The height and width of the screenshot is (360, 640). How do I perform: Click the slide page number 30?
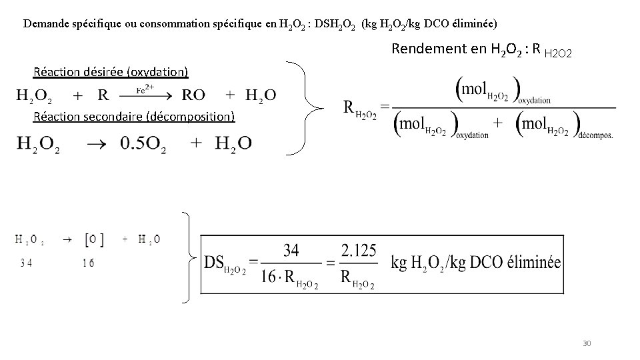[x=587, y=343]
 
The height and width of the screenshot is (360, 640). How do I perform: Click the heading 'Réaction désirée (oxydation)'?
[x=111, y=72]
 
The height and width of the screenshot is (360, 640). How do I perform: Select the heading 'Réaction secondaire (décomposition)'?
[x=134, y=117]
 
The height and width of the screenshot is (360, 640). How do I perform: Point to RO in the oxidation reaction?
[x=193, y=95]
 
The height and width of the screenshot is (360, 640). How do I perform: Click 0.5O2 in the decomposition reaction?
[x=143, y=143]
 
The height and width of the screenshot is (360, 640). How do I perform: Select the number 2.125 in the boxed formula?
[x=359, y=251]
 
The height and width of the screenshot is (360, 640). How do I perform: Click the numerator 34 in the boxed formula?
[x=291, y=251]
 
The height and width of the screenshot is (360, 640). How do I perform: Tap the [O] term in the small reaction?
[x=93, y=239]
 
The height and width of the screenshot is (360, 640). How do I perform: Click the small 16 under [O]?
[x=89, y=263]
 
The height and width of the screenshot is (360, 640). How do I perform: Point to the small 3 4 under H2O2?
[x=27, y=263]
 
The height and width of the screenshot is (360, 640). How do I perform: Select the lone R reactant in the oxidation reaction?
[x=103, y=95]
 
